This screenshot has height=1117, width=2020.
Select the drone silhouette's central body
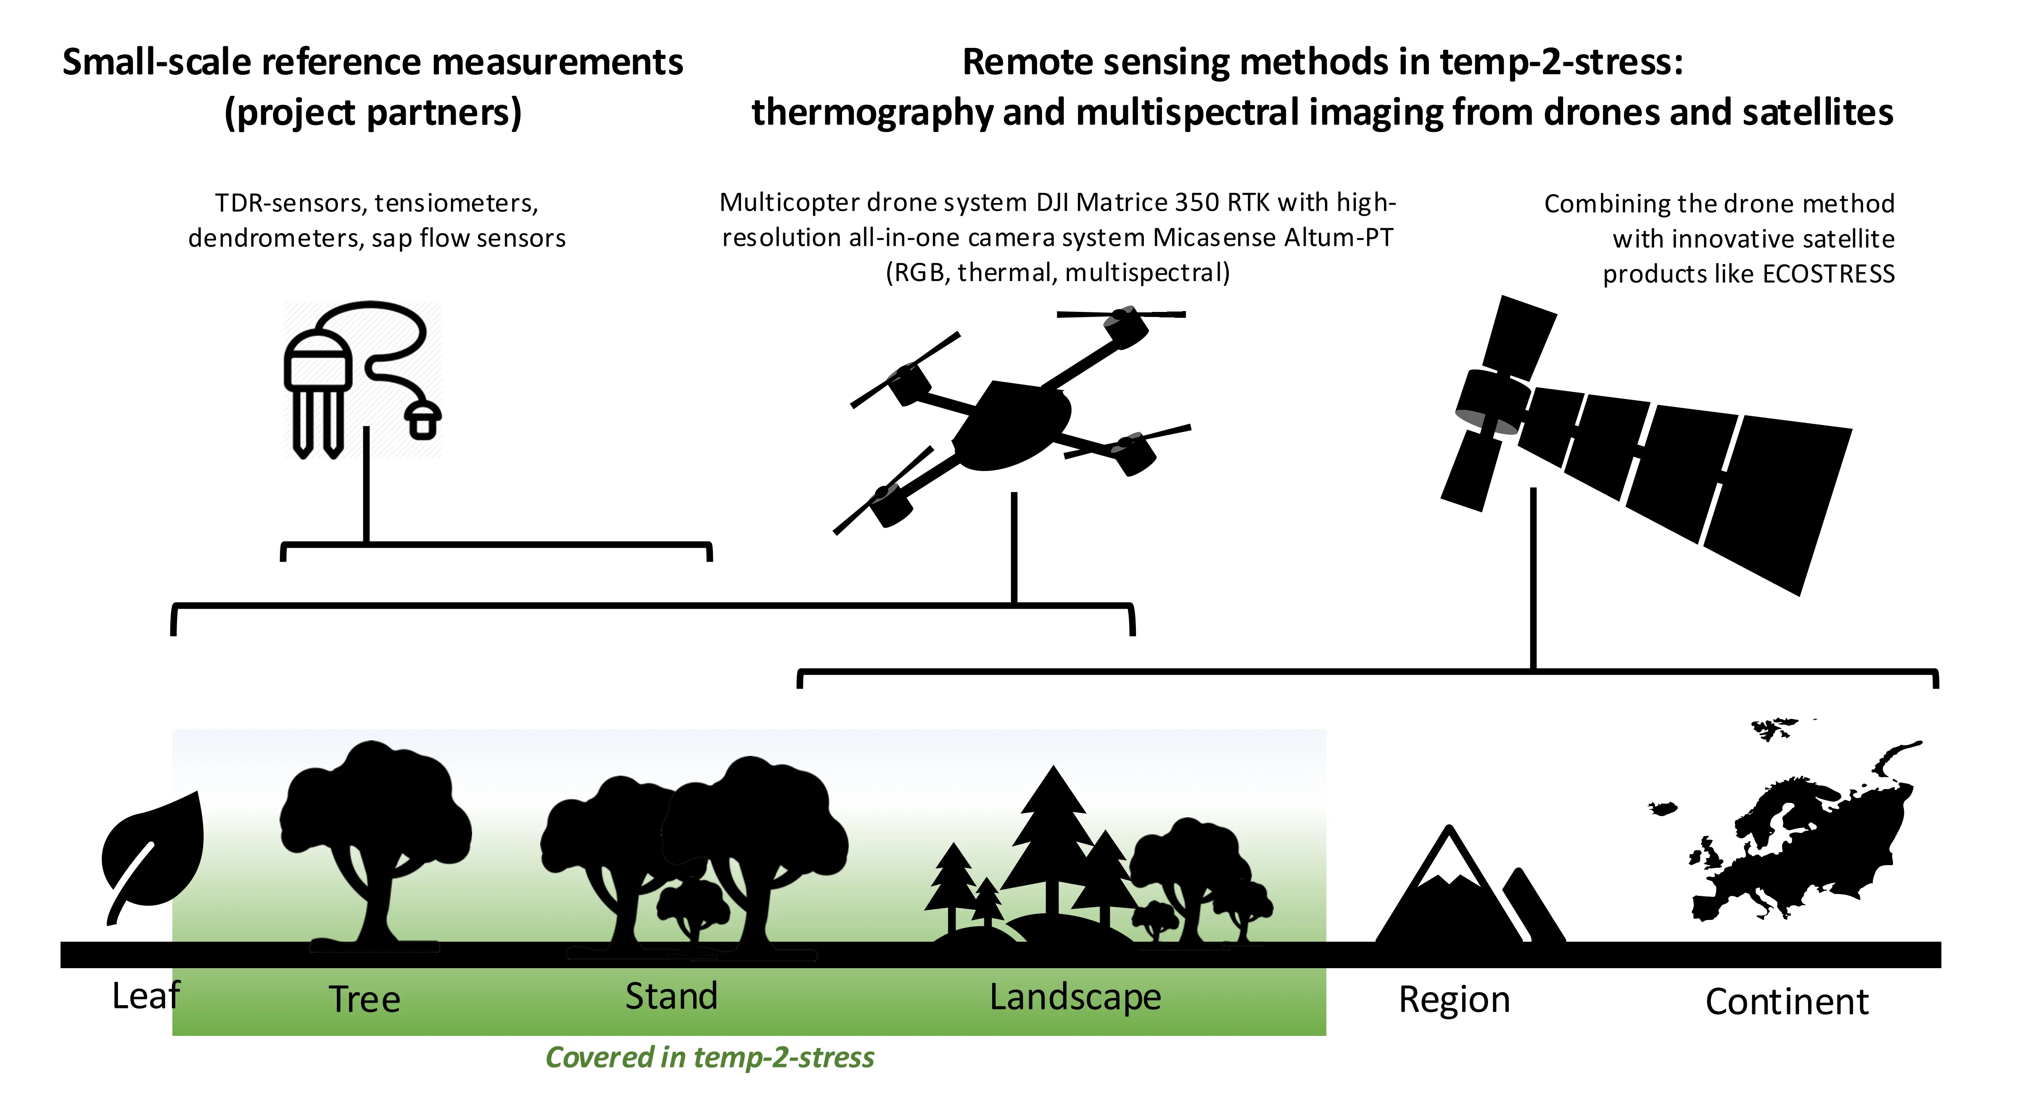pyautogui.click(x=1011, y=428)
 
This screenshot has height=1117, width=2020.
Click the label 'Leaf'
pyautogui.click(x=146, y=996)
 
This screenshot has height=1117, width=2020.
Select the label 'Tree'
pyautogui.click(x=364, y=999)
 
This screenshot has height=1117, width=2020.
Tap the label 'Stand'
pyautogui.click(x=671, y=996)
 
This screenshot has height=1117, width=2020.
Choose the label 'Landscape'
pyautogui.click(x=1075, y=998)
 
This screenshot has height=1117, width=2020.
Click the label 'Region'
pyautogui.click(x=1454, y=1000)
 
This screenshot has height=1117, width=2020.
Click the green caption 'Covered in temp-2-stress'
pyautogui.click(x=710, y=1057)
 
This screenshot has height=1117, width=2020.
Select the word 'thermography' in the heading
pyautogui.click(x=870, y=112)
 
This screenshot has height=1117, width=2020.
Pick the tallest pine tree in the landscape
pyautogui.click(x=1053, y=839)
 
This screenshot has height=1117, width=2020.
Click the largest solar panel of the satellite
pyautogui.click(x=1780, y=502)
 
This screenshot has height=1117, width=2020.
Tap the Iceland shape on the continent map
pyautogui.click(x=1662, y=808)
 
